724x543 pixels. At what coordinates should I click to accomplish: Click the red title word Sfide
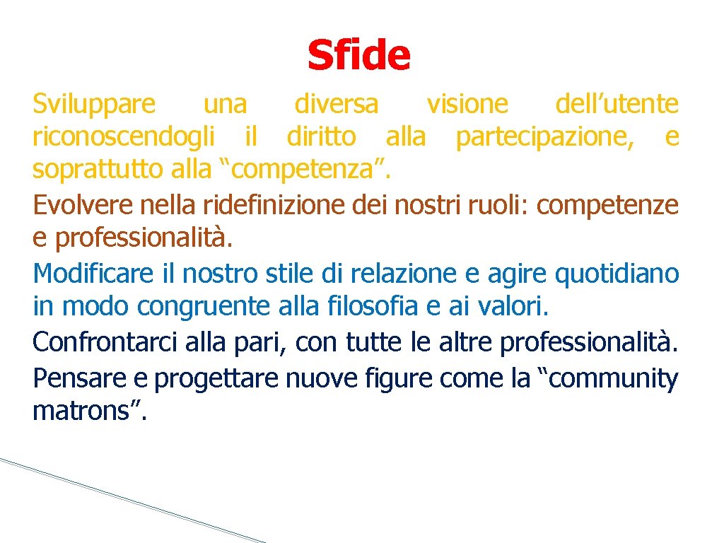click(358, 55)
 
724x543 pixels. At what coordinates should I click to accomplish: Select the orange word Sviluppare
click(94, 105)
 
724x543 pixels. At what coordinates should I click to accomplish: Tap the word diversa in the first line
click(336, 105)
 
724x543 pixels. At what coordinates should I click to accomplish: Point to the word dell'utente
click(617, 105)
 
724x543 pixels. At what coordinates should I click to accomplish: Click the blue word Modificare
click(92, 273)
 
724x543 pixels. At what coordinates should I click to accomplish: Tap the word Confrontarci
click(105, 342)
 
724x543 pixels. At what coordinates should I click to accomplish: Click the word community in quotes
click(610, 379)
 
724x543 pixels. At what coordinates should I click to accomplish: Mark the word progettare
click(217, 380)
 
